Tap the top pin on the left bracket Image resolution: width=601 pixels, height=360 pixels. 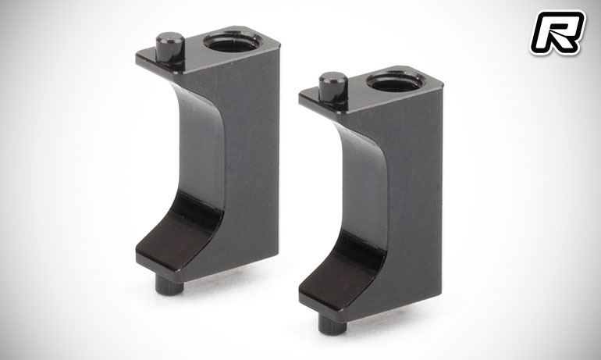pyautogui.click(x=170, y=48)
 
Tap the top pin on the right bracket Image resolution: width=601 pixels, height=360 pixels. pyautogui.click(x=333, y=87)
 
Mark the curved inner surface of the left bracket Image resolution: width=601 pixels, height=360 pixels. pyautogui.click(x=202, y=149)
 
